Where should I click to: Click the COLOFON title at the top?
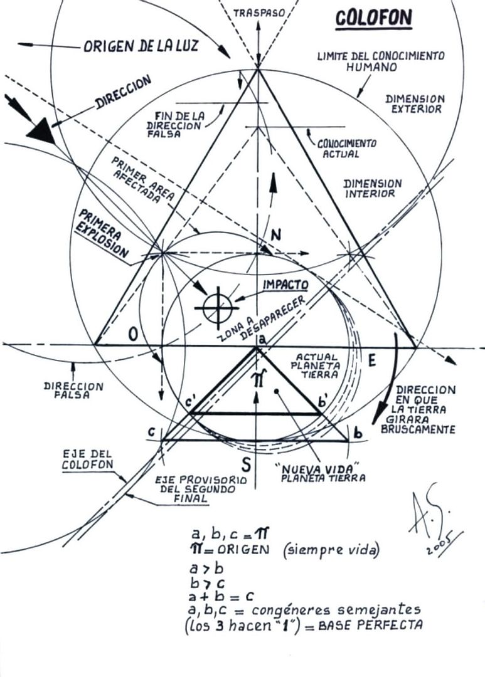[374, 18]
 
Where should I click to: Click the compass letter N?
[276, 235]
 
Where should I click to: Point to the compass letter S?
[247, 464]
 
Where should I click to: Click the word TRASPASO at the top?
[258, 12]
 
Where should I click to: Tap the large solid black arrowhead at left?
[40, 132]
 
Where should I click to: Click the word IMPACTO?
[285, 285]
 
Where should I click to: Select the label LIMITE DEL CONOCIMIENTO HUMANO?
[381, 61]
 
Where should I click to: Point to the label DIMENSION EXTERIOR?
[415, 103]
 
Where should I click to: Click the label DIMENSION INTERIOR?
[373, 188]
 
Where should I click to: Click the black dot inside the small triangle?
[277, 391]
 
